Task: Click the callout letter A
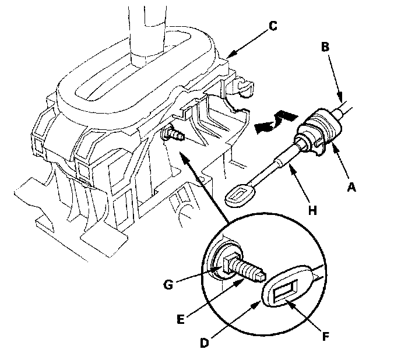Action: tap(351, 188)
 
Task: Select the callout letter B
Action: tap(325, 47)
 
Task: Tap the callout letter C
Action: tap(273, 26)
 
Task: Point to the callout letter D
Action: tap(205, 343)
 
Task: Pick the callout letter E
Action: tap(181, 319)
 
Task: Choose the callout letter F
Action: tap(325, 337)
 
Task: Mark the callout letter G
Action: tap(168, 285)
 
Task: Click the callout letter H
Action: tap(312, 210)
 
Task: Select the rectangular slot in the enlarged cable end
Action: tap(285, 291)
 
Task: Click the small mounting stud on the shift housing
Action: tap(174, 134)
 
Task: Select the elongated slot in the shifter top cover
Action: tap(133, 66)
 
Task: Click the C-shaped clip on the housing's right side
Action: tap(245, 90)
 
